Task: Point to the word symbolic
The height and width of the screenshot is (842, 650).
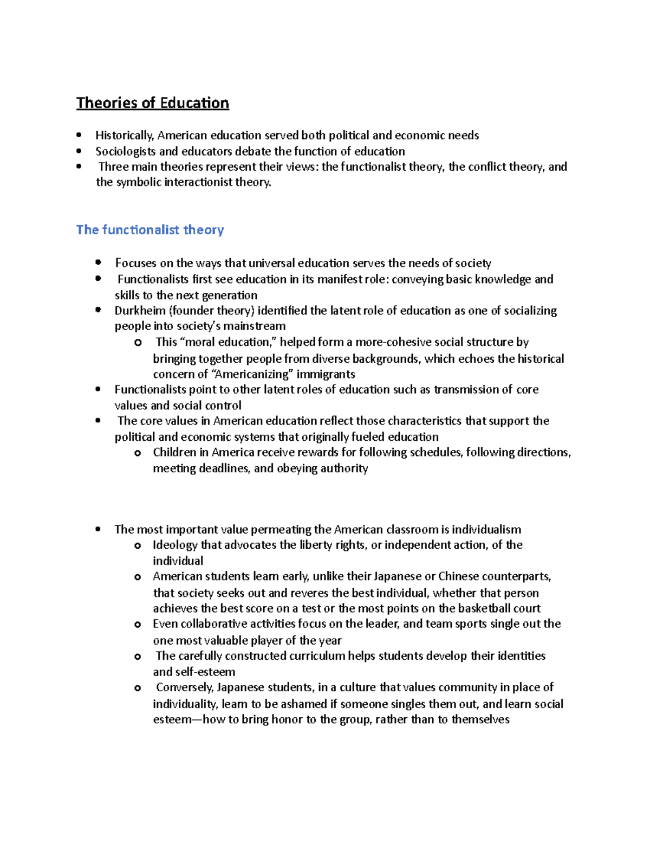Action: coord(139,182)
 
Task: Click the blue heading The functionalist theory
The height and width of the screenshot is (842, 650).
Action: coord(150,230)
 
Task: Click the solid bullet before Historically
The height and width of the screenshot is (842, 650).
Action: coord(80,135)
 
